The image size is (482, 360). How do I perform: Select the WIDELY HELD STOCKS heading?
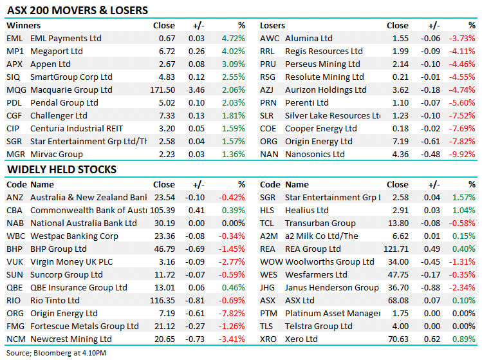62,170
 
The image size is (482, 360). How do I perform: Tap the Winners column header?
23,26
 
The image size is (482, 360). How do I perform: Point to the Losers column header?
273,26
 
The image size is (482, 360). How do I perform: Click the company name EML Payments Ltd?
66,39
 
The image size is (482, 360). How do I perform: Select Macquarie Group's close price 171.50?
161,90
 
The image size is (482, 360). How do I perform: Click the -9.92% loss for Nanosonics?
463,155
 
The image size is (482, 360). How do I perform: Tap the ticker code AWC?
270,39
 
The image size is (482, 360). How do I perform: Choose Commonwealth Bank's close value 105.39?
161,210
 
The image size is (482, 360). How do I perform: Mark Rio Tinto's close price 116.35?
161,300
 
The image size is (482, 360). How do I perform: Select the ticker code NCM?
15,339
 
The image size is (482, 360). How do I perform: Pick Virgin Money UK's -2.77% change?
232,261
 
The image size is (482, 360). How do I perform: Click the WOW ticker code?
272,261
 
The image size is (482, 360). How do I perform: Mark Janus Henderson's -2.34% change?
463,287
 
